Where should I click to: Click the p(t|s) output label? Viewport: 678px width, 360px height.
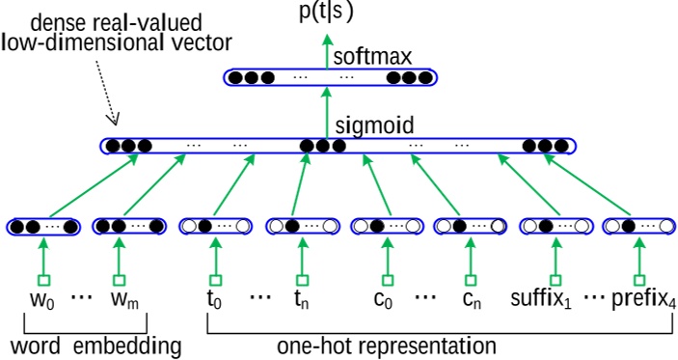[327, 13]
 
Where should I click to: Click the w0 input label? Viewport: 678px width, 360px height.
[41, 298]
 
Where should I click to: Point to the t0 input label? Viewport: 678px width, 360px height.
[213, 298]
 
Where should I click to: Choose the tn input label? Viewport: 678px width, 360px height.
[301, 298]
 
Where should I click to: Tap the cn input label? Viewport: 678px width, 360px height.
[470, 298]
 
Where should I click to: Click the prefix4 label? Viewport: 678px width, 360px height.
[641, 298]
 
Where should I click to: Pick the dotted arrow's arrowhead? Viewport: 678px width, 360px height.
[114, 123]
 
